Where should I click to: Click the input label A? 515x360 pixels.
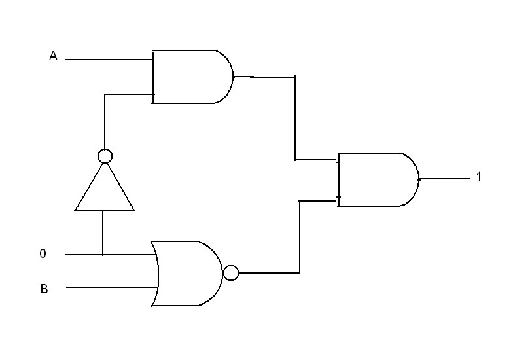coord(53,56)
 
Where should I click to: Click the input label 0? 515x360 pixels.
coord(43,253)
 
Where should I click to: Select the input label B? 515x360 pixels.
coord(44,289)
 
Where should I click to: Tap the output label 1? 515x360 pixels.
coord(479,176)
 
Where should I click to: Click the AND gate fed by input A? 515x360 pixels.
coord(192,77)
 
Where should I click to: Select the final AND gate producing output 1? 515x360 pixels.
coord(378,179)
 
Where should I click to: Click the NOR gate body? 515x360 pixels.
coord(186,274)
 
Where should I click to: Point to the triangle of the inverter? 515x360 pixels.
coord(105,187)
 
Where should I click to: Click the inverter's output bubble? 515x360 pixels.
coord(105,156)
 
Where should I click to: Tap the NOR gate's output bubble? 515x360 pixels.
coord(231,273)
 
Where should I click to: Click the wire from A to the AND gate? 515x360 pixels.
coord(109,60)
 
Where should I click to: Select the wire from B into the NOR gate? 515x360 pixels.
coord(112,287)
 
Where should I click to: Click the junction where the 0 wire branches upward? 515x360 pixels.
coord(103,255)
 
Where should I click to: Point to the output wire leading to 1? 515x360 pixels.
coord(444,179)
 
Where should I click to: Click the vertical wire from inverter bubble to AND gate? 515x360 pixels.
coord(105,122)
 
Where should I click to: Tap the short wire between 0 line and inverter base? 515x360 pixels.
coord(103,232)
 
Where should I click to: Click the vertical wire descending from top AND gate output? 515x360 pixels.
coord(295,118)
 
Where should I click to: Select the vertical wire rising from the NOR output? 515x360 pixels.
coord(300,237)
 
